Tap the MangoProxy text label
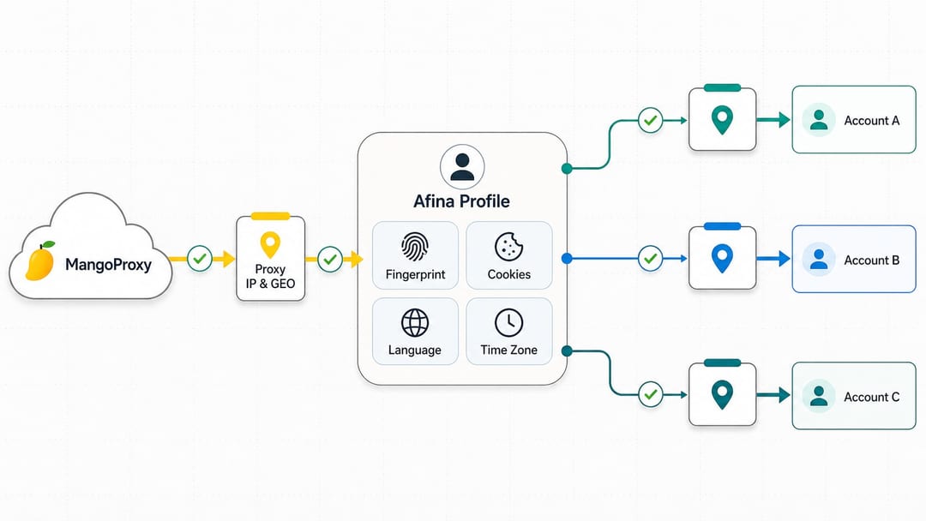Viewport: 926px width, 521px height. pyautogui.click(x=108, y=264)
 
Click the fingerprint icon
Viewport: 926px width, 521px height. pyautogui.click(x=415, y=246)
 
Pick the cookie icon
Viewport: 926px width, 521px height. pyautogui.click(x=508, y=246)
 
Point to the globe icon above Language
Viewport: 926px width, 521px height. pyautogui.click(x=415, y=322)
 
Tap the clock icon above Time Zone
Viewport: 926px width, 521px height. pyautogui.click(x=508, y=322)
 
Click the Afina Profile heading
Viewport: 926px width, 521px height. pyautogui.click(x=461, y=201)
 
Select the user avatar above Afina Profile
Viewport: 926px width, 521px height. pyautogui.click(x=462, y=166)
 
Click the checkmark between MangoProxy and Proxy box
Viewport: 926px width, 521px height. pyautogui.click(x=200, y=259)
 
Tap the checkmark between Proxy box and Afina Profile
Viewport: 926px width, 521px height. pyautogui.click(x=330, y=259)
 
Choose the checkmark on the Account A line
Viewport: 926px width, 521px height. pyautogui.click(x=650, y=120)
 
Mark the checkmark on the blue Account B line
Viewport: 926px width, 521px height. pyautogui.click(x=650, y=259)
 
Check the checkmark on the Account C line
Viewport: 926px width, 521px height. pyautogui.click(x=650, y=394)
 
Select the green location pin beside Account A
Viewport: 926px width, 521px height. pyautogui.click(x=722, y=120)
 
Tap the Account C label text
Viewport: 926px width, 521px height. pyautogui.click(x=872, y=397)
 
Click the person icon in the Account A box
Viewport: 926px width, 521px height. pyautogui.click(x=819, y=120)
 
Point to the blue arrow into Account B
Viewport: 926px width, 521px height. pyautogui.click(x=773, y=259)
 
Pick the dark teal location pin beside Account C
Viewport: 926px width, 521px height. pyautogui.click(x=722, y=395)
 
